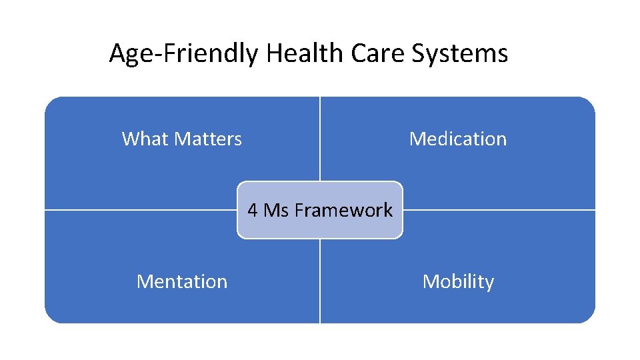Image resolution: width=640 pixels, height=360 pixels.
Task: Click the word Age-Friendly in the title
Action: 183,53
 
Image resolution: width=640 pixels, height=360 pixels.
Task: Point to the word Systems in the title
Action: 459,53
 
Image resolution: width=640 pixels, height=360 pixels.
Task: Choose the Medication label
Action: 458,139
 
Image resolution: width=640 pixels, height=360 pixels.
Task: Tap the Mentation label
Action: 182,281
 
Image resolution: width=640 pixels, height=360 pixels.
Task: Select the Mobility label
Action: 458,281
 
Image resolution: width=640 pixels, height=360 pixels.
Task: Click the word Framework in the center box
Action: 343,210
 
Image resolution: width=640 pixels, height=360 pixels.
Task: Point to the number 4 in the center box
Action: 253,210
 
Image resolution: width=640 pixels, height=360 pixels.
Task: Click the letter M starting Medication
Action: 417,139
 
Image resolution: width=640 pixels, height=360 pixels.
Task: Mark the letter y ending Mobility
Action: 489,283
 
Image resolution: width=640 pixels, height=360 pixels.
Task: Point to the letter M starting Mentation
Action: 144,281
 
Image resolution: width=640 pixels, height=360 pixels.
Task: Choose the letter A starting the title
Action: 118,53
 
